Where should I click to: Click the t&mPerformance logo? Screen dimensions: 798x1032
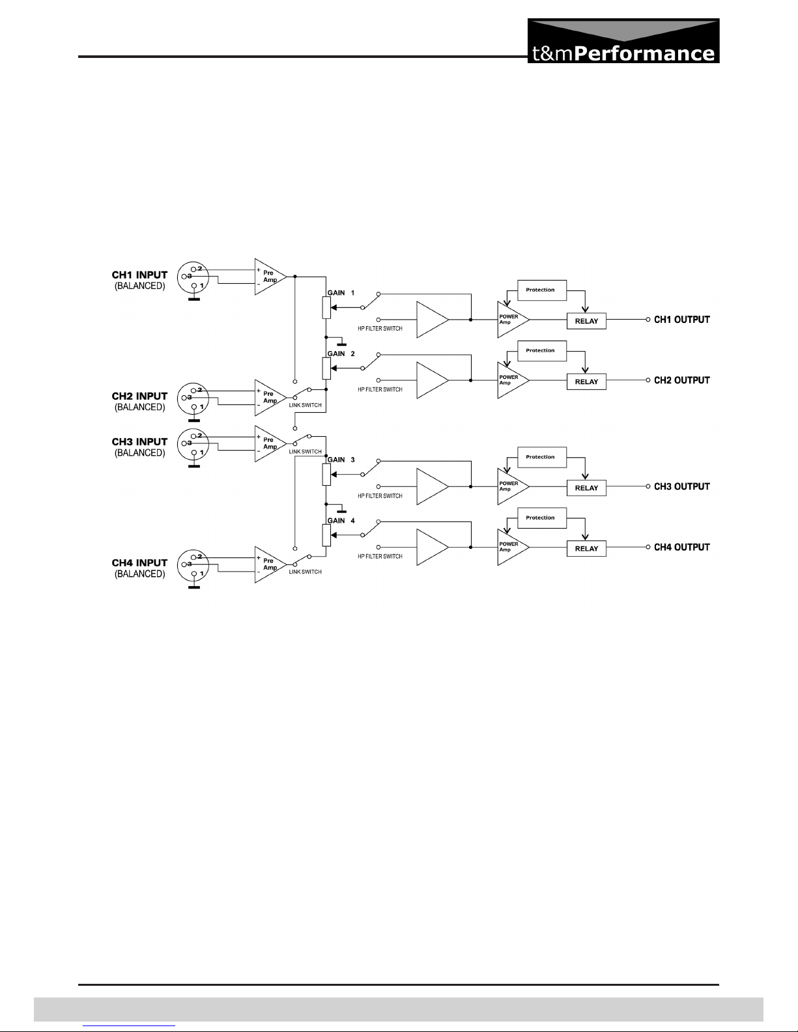click(x=623, y=41)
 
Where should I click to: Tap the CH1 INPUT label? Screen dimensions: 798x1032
click(x=139, y=275)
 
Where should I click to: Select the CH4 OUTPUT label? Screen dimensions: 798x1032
click(x=681, y=547)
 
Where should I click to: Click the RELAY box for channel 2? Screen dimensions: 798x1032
click(x=586, y=382)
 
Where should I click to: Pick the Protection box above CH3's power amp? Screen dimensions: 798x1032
click(x=542, y=457)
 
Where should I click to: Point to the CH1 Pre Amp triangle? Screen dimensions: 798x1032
click(x=270, y=277)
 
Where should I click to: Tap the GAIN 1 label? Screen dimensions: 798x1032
click(x=341, y=293)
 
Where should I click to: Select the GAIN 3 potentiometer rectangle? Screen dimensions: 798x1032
click(x=326, y=475)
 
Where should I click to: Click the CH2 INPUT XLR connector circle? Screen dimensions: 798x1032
click(x=193, y=398)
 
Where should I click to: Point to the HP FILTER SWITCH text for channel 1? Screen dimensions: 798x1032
click(x=380, y=329)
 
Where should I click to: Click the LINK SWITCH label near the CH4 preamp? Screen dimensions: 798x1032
click(x=305, y=572)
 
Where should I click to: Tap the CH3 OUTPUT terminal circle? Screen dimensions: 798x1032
click(x=648, y=486)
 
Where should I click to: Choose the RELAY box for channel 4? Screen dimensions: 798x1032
click(x=586, y=548)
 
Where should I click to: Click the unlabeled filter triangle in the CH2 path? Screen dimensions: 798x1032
click(x=433, y=380)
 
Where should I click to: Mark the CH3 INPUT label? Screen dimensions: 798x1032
click(x=139, y=441)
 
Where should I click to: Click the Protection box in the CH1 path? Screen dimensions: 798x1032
click(x=542, y=290)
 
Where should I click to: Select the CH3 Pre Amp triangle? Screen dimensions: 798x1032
click(x=270, y=443)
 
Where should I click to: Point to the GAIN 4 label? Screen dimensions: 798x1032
click(x=341, y=520)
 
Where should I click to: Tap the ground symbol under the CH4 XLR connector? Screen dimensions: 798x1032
click(x=194, y=587)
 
